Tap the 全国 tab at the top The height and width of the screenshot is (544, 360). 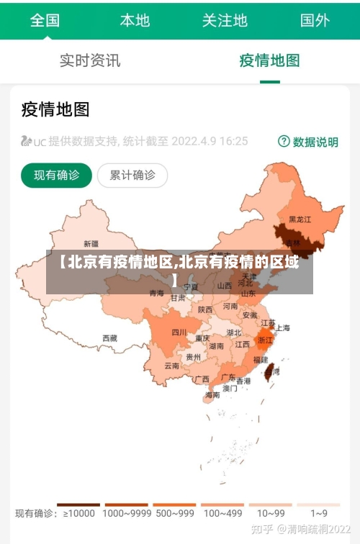tap(45, 20)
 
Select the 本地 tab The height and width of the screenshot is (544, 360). tap(135, 20)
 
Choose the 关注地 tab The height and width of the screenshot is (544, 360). tap(225, 20)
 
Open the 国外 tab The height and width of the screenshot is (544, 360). tap(315, 20)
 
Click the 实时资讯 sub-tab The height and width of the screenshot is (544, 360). tap(90, 60)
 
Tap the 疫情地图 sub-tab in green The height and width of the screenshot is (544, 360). tap(269, 60)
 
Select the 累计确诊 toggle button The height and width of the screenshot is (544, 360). tap(132, 175)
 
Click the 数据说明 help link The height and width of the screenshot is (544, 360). tap(308, 142)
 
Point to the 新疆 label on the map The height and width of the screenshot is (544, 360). tap(91, 243)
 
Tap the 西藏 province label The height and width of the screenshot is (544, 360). tap(109, 337)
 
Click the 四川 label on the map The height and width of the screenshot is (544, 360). tap(179, 332)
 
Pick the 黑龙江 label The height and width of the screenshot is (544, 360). tap(300, 219)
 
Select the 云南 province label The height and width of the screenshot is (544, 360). tap(171, 366)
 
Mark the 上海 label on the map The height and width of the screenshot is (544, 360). tap(282, 327)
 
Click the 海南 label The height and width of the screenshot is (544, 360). tap(212, 395)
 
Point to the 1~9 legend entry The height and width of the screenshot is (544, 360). tap(319, 513)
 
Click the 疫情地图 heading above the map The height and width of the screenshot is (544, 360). tap(55, 109)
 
